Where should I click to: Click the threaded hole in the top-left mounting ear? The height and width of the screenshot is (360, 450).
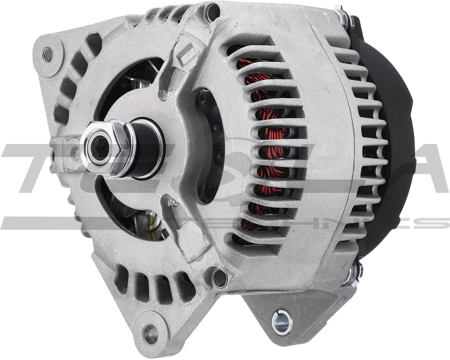pyautogui.click(x=47, y=54)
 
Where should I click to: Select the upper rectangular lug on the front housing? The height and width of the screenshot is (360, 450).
pyautogui.click(x=184, y=53)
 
